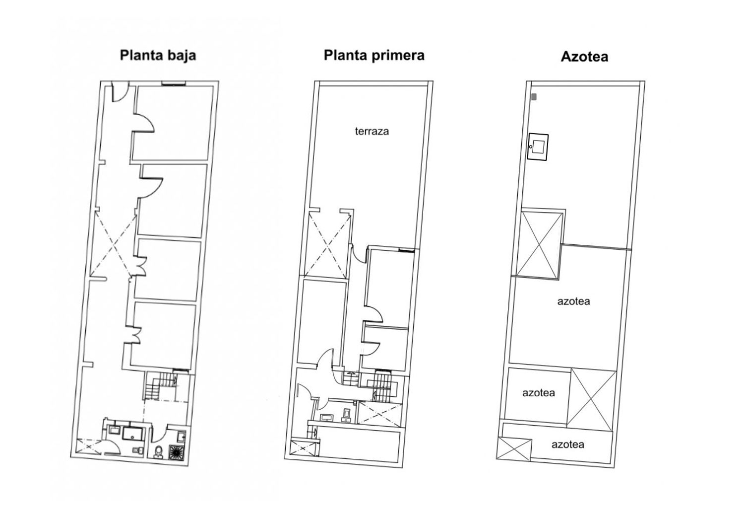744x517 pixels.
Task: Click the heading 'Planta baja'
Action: tap(158, 56)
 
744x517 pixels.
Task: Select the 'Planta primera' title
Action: tap(374, 56)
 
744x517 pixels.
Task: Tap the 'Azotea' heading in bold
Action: tap(584, 57)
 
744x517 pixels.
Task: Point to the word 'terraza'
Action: tap(372, 131)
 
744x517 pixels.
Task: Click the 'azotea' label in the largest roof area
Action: tap(573, 301)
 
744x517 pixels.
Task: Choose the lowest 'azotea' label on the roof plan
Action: tap(567, 444)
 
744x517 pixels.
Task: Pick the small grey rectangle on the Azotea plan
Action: tap(534, 97)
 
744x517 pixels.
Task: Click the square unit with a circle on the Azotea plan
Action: tap(538, 147)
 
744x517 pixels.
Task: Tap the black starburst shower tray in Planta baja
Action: tap(177, 452)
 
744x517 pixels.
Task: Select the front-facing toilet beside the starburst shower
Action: tap(159, 452)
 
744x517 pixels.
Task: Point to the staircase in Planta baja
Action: tap(161, 386)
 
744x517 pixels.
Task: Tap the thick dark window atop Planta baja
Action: tap(173, 84)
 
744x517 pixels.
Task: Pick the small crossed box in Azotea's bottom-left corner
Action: tap(514, 449)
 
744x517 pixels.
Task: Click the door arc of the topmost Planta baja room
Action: tap(146, 121)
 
